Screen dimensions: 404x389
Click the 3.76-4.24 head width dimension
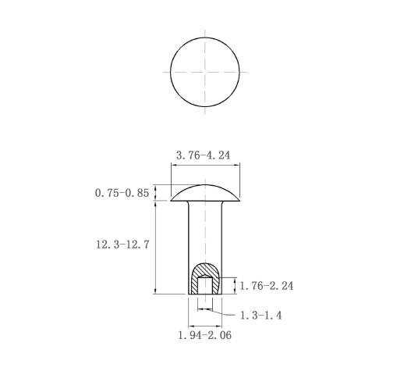204,155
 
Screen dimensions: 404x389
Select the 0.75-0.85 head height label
122,193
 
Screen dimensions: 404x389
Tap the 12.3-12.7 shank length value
122,244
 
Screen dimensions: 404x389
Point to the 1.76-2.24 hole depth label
267,286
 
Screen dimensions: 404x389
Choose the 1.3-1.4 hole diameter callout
260,316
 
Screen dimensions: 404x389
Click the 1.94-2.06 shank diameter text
205,335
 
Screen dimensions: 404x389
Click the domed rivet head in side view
205,193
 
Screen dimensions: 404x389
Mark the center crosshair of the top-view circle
205,72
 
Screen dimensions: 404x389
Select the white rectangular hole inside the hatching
205,286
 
